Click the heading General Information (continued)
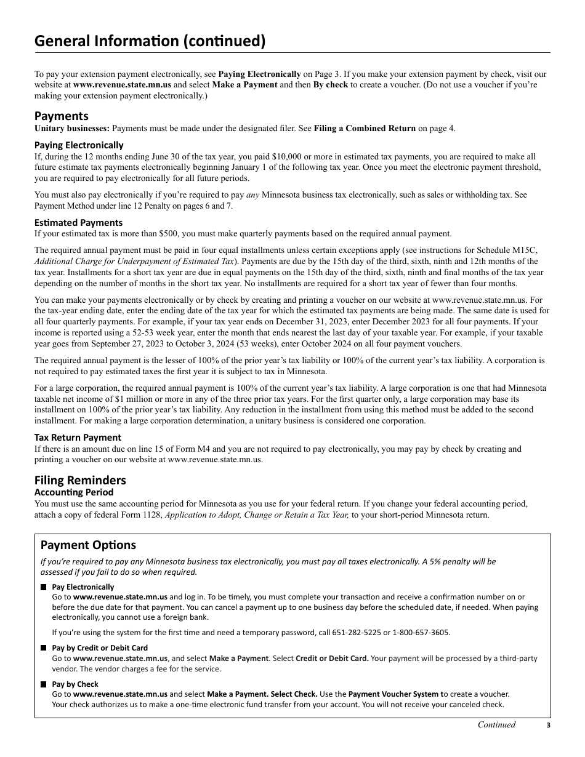[150, 41]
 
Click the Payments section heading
[61, 116]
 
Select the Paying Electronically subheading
[79, 145]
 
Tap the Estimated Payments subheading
[78, 223]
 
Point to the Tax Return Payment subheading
[78, 438]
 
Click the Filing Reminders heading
[80, 480]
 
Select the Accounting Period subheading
[74, 492]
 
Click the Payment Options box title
[88, 545]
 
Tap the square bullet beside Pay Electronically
[44, 587]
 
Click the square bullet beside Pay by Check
[44, 684]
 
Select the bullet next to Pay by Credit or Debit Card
[44, 648]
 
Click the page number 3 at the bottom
[548, 726]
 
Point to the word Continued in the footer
[496, 725]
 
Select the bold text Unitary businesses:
[72, 128]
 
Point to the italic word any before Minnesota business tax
[252, 195]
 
